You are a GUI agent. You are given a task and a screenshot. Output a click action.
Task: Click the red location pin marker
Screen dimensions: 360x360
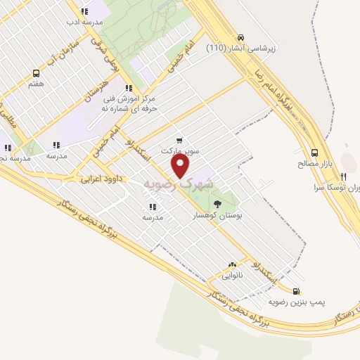(181, 166)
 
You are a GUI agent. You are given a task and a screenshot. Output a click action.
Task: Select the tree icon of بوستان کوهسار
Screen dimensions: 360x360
(217, 204)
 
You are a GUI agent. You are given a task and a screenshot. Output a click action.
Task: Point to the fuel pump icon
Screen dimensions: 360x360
(296, 290)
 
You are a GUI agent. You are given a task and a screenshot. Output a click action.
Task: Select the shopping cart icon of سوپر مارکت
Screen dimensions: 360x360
(180, 140)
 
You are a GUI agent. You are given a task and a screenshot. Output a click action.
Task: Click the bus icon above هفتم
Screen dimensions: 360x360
(36, 72)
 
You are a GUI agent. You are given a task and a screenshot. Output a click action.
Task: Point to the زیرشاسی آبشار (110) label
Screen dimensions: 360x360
(240, 49)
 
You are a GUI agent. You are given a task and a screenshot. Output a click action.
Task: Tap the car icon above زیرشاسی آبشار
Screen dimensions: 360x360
(240, 37)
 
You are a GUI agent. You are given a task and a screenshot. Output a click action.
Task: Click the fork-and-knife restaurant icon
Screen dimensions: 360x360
(344, 177)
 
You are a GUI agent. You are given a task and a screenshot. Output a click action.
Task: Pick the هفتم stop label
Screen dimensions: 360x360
(36, 84)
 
